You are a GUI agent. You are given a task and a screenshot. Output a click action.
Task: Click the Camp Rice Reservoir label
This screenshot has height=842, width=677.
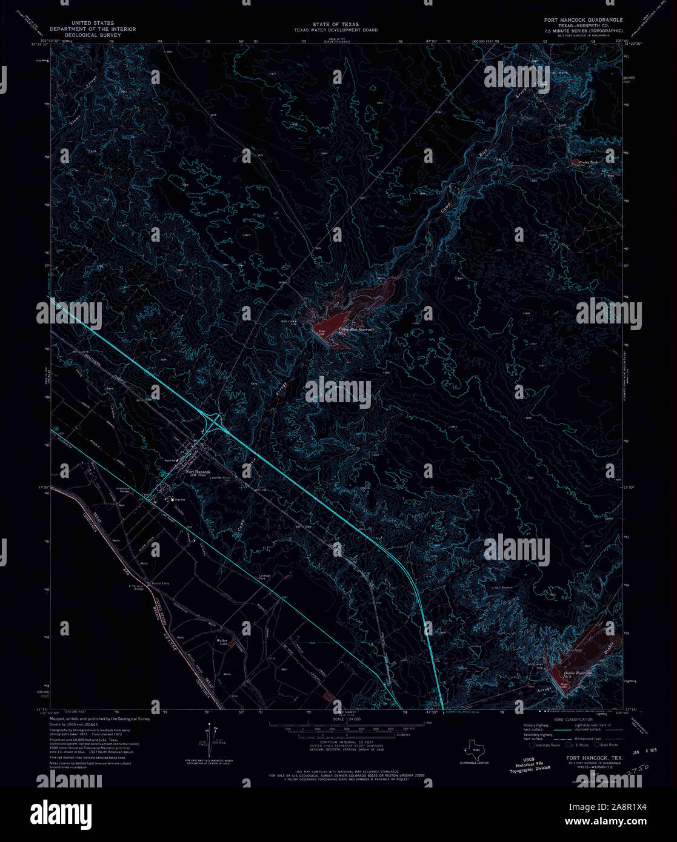355,329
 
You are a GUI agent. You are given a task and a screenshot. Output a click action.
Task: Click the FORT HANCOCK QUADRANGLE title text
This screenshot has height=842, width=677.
582,20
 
